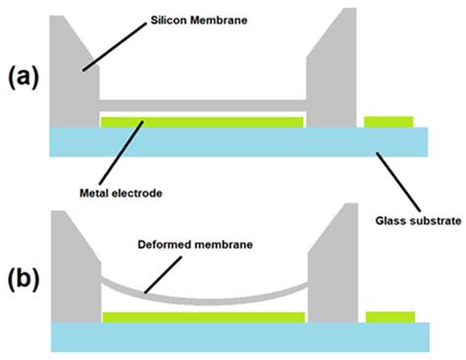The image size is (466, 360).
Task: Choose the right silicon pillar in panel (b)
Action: (330, 275)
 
